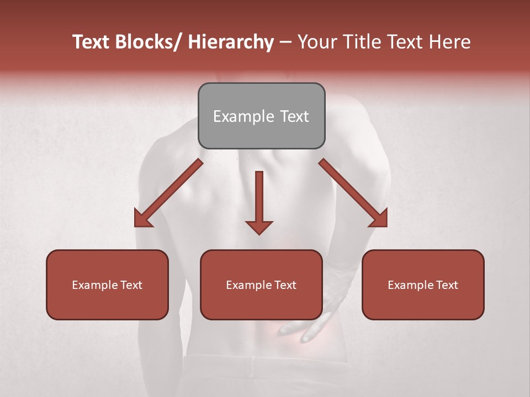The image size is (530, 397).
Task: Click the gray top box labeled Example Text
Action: pos(261,116)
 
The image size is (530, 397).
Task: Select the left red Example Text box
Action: pos(107,285)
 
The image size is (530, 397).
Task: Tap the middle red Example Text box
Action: pos(261,285)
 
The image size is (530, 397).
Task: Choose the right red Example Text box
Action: pos(423,285)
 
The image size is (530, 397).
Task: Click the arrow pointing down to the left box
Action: pos(168,193)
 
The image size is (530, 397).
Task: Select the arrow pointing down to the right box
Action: pos(353,193)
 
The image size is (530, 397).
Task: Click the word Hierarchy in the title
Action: pos(231,42)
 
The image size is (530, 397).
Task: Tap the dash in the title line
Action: pos(285,42)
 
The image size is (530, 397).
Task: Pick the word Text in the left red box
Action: pos(131,285)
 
